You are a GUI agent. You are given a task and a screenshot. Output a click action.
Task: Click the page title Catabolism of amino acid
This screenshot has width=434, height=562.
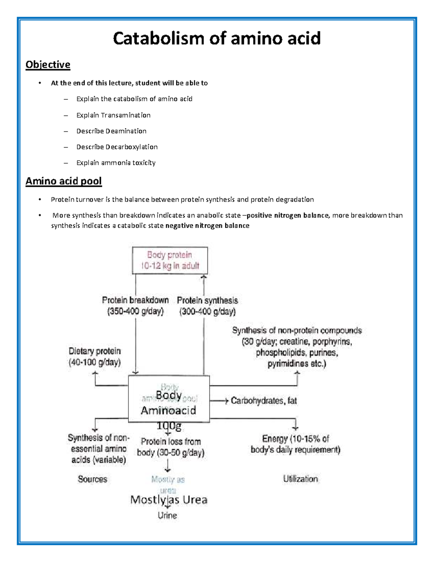[x=217, y=38]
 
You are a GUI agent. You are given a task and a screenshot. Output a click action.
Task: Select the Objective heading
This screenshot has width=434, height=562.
[x=48, y=65]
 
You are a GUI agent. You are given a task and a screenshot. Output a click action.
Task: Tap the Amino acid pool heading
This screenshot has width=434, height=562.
[x=64, y=181]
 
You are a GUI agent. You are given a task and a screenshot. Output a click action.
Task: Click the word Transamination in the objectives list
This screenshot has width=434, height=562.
[x=125, y=115]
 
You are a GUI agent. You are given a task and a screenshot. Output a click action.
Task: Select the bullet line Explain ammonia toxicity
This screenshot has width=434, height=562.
[x=116, y=163]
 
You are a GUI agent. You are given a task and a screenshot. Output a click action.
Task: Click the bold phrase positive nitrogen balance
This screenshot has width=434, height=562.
[x=288, y=216]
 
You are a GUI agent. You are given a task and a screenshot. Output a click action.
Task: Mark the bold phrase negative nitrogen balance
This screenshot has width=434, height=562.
[x=207, y=226]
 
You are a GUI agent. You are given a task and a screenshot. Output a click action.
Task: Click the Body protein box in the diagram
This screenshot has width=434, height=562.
[x=170, y=261]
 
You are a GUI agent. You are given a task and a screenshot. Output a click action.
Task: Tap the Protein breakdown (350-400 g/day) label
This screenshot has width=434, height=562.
[x=135, y=306]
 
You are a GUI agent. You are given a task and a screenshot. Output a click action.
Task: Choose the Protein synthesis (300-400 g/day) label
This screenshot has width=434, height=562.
[x=207, y=306]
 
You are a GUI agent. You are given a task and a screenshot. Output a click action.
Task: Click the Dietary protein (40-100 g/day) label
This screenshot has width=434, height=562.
[x=95, y=356]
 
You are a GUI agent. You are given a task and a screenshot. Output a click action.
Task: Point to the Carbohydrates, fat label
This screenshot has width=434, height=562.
[x=264, y=401]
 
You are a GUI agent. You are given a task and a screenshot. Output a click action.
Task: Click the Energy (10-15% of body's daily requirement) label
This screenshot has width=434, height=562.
[x=295, y=444]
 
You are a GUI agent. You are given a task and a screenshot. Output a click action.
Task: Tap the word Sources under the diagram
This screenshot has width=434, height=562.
[x=93, y=479]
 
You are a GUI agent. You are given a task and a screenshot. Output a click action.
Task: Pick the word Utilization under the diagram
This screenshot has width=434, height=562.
[x=300, y=479]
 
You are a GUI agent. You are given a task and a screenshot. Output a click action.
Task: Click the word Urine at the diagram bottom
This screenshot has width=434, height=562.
[x=167, y=515]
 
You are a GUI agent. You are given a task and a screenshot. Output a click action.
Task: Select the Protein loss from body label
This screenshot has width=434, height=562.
[x=171, y=447]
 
